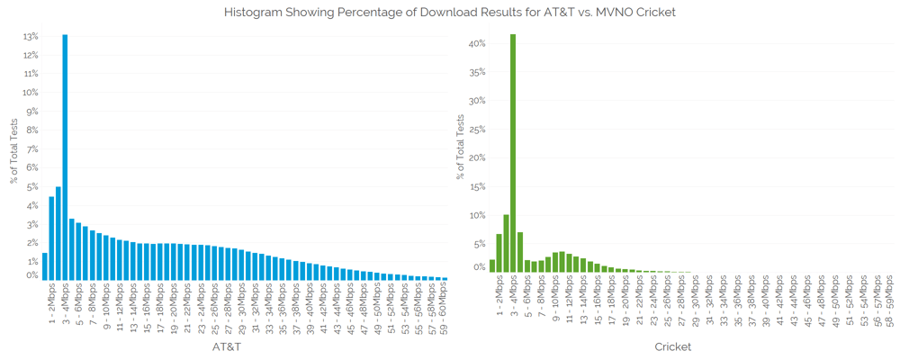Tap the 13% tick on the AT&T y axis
coord(30,37)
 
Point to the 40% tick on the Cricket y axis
coord(477,43)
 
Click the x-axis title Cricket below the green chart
coord(672,346)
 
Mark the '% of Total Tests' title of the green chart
coord(460,148)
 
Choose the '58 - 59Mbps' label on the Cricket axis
coord(889,306)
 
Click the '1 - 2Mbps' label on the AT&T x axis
coord(52,306)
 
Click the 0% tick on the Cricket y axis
coord(480,267)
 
